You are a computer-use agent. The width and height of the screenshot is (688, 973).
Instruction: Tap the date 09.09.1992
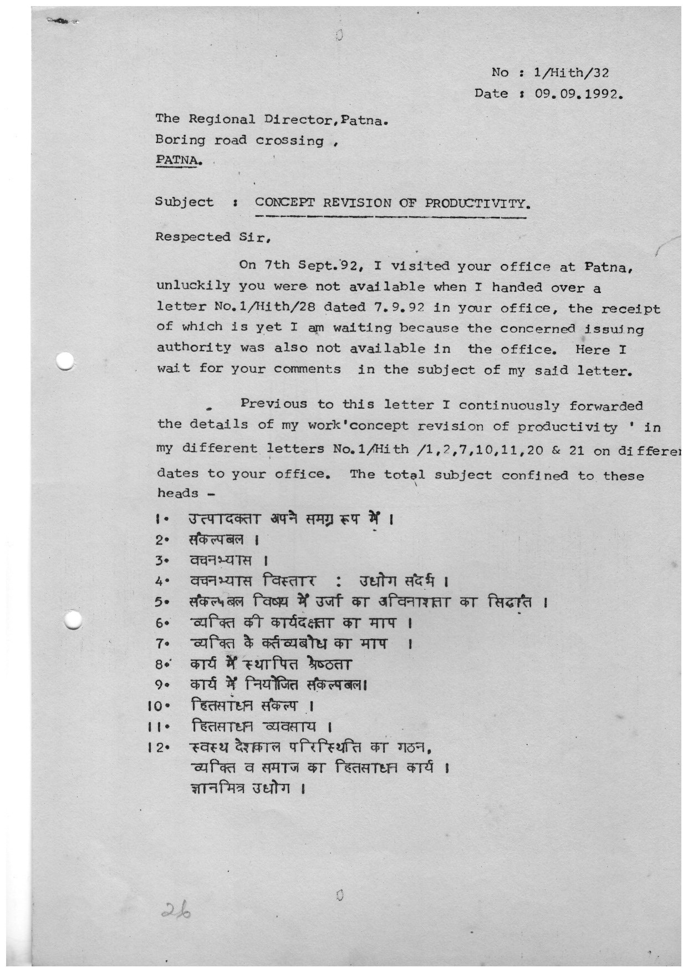(x=579, y=93)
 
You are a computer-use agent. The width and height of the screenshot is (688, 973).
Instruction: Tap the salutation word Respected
(x=192, y=237)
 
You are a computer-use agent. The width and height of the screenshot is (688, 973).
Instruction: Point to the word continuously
(x=510, y=406)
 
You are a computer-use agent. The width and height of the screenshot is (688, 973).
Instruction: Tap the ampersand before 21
(x=557, y=450)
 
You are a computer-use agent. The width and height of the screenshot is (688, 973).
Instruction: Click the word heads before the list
(x=177, y=493)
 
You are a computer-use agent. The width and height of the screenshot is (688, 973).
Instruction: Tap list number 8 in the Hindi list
(x=159, y=664)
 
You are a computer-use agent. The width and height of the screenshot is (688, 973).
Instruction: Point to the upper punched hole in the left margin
(x=65, y=361)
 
